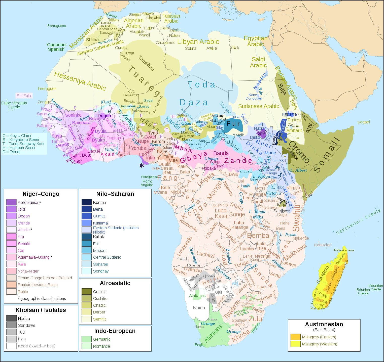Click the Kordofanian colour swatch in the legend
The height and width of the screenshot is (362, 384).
11,202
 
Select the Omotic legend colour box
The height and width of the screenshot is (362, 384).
86,292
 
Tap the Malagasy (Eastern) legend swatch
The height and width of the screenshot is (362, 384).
295,337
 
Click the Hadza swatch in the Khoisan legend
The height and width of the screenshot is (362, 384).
11,319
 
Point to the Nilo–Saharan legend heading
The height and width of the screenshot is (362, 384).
115,194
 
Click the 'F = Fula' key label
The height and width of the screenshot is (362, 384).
24,96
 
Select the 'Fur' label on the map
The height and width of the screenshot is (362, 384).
233,124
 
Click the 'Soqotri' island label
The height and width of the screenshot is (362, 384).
363,122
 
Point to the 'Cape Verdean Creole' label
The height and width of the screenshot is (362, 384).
14,105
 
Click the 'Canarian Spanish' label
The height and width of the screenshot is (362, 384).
56,47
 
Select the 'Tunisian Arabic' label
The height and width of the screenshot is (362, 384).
171,18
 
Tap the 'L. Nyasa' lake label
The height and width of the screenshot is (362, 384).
288,234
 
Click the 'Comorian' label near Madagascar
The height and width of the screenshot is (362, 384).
323,245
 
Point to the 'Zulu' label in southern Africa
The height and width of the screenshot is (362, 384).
255,319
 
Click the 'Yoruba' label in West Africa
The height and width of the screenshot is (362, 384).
138,148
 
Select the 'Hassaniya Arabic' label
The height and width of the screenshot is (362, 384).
80,81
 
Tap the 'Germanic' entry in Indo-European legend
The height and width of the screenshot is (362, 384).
101,339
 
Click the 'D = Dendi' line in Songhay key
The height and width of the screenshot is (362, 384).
11,152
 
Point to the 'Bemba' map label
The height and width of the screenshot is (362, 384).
258,236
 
